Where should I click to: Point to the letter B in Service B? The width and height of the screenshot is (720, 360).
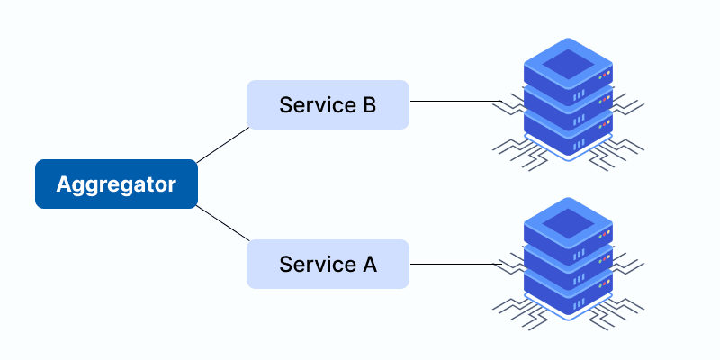(369, 104)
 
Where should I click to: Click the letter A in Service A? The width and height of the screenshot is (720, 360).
(369, 265)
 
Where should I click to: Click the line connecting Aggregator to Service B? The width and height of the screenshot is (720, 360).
(222, 145)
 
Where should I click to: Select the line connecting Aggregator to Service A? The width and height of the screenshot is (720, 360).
(222, 224)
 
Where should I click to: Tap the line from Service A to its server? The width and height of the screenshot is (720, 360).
(450, 264)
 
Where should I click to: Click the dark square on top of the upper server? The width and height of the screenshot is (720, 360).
(568, 62)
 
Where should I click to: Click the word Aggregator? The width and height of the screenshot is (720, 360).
(116, 184)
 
